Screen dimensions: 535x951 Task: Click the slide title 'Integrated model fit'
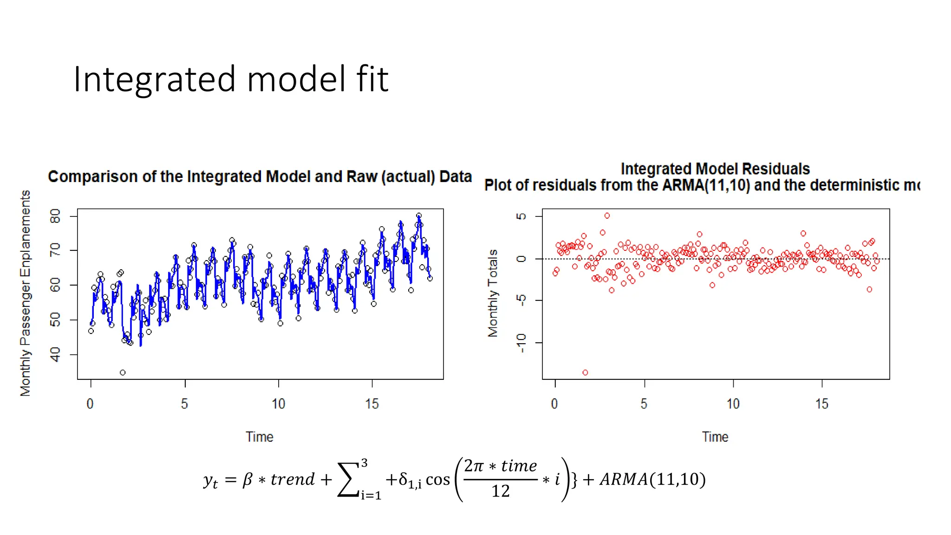pyautogui.click(x=231, y=79)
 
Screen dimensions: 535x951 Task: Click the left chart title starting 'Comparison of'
pyautogui.click(x=260, y=177)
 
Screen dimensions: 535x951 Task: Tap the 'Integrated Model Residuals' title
pyautogui.click(x=715, y=169)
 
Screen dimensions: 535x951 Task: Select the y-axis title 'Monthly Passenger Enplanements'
pyautogui.click(x=26, y=293)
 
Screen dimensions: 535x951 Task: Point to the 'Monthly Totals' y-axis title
pyautogui.click(x=493, y=293)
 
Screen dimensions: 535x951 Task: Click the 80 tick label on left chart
pyautogui.click(x=55, y=216)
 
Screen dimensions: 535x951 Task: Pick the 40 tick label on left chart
pyautogui.click(x=55, y=354)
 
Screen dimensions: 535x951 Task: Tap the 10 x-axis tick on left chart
pyautogui.click(x=278, y=404)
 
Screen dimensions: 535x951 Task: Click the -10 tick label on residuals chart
pyautogui.click(x=521, y=343)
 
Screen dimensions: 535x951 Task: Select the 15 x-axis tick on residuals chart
pyautogui.click(x=821, y=404)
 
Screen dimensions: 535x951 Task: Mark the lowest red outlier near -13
pyautogui.click(x=585, y=372)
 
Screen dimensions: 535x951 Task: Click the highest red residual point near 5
pyautogui.click(x=607, y=215)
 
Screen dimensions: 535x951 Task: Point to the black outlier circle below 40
pyautogui.click(x=123, y=372)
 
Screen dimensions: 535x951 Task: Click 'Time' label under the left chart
pyautogui.click(x=260, y=437)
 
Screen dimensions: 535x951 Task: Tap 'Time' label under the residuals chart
pyautogui.click(x=715, y=437)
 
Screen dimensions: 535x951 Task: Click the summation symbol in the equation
pyautogui.click(x=349, y=480)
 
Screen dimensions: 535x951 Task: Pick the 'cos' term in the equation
pyautogui.click(x=437, y=480)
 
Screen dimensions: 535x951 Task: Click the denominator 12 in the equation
pyautogui.click(x=501, y=491)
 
